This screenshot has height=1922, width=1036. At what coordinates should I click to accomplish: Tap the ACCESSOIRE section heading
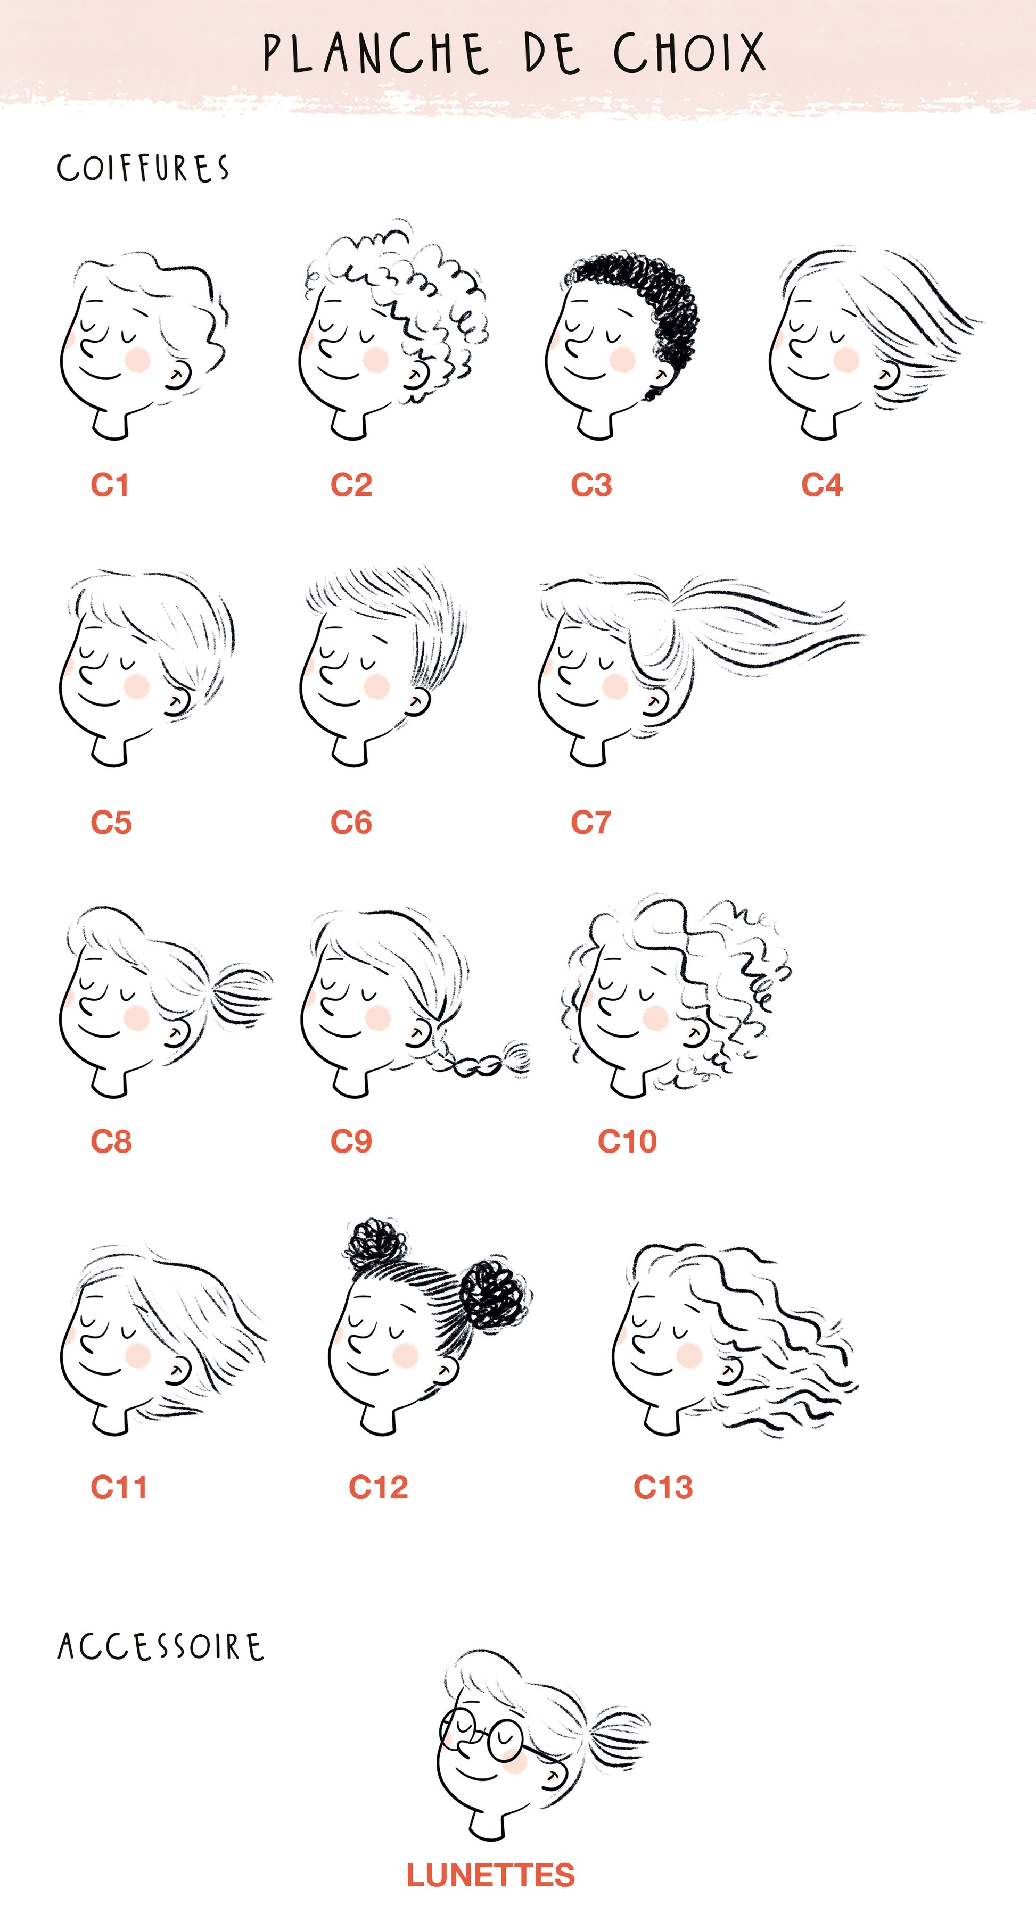(160, 1647)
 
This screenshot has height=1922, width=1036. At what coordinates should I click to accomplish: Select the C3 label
(591, 485)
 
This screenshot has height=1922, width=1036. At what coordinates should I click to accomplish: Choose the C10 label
(627, 1141)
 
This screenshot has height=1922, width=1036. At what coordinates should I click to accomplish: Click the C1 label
(110, 485)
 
